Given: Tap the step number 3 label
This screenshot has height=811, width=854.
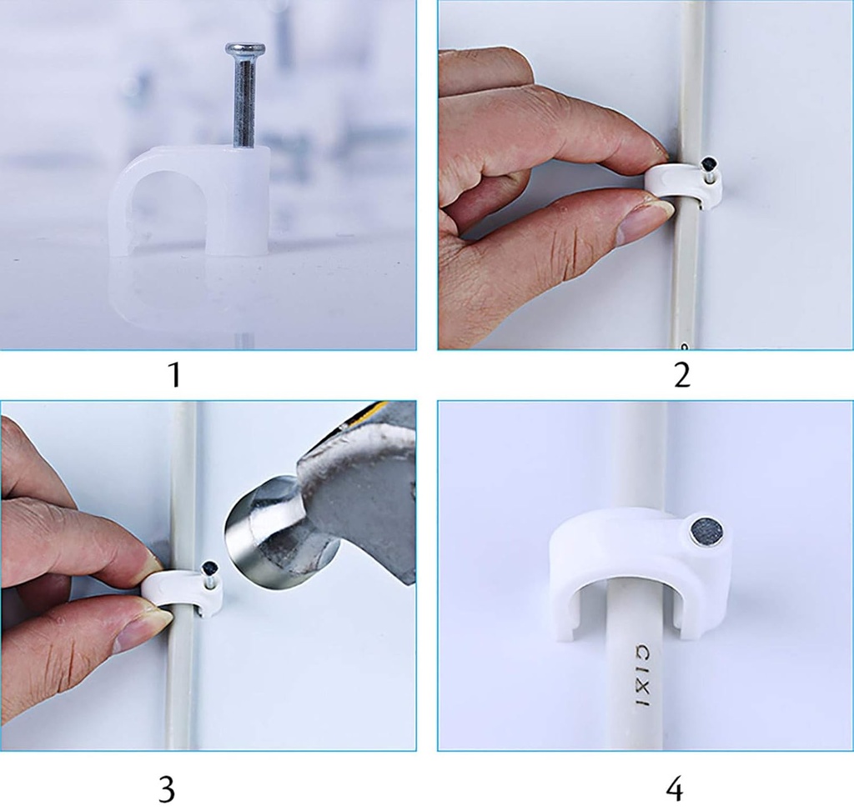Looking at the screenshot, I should [x=166, y=788].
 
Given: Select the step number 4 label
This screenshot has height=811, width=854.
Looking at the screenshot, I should [x=674, y=788].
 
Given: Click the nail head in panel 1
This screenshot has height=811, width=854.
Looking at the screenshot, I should [x=245, y=49].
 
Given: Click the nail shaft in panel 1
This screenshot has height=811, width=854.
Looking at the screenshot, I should [x=244, y=100].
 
